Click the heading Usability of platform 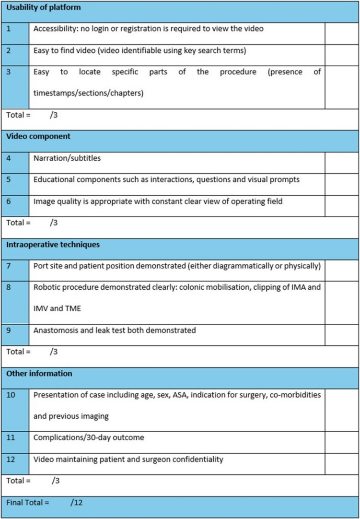44,8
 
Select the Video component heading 38,136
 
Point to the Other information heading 39,374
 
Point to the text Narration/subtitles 67,158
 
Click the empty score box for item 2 341,50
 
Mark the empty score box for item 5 341,180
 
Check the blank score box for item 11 341,438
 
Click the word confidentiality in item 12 200,460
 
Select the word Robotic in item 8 46,287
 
